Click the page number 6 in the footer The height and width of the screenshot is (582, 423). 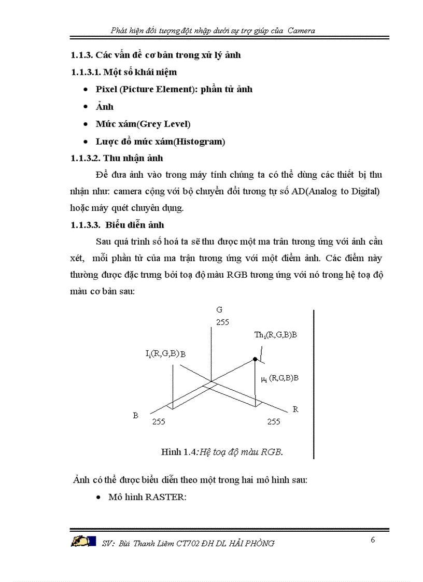(373, 540)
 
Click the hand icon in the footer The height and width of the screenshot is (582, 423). (83, 542)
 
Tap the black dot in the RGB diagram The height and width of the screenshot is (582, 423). (255, 359)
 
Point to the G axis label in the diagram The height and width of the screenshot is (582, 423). (219, 310)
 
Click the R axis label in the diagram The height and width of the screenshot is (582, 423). (295, 409)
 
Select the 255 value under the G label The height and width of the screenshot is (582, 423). (222, 322)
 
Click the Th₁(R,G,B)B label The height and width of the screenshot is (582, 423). (275, 335)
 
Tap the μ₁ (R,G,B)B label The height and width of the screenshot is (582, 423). (279, 378)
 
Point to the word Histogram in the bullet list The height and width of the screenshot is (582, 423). (200, 141)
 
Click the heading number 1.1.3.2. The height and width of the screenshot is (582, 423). (87, 158)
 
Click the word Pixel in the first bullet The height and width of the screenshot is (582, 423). (106, 89)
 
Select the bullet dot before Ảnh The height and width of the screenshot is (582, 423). (85, 107)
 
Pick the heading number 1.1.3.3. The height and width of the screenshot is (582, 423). (87, 225)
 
